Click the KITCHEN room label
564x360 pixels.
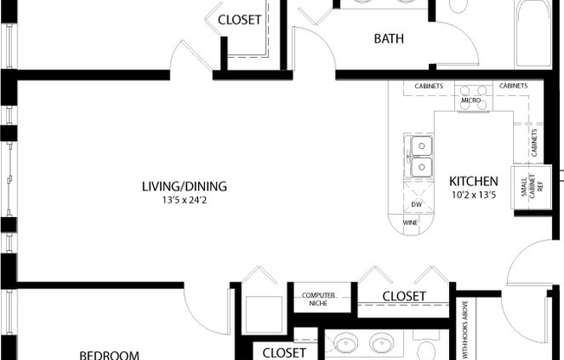click(473, 182)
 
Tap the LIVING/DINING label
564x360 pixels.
click(184, 186)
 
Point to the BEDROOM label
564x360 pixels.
click(110, 354)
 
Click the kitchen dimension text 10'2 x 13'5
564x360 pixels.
click(473, 195)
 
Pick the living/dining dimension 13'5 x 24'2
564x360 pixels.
click(184, 200)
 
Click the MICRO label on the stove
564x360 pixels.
click(471, 100)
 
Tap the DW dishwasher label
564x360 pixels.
click(416, 204)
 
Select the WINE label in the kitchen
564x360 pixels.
click(411, 222)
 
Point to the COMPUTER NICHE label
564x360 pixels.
click(318, 300)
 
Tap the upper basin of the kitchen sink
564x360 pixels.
click(421, 146)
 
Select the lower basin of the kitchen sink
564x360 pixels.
click(421, 166)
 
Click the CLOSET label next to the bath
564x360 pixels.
click(240, 20)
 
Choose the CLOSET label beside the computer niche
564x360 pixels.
click(404, 297)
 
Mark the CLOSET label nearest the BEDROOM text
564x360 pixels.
click(284, 352)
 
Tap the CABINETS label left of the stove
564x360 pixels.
click(429, 87)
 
